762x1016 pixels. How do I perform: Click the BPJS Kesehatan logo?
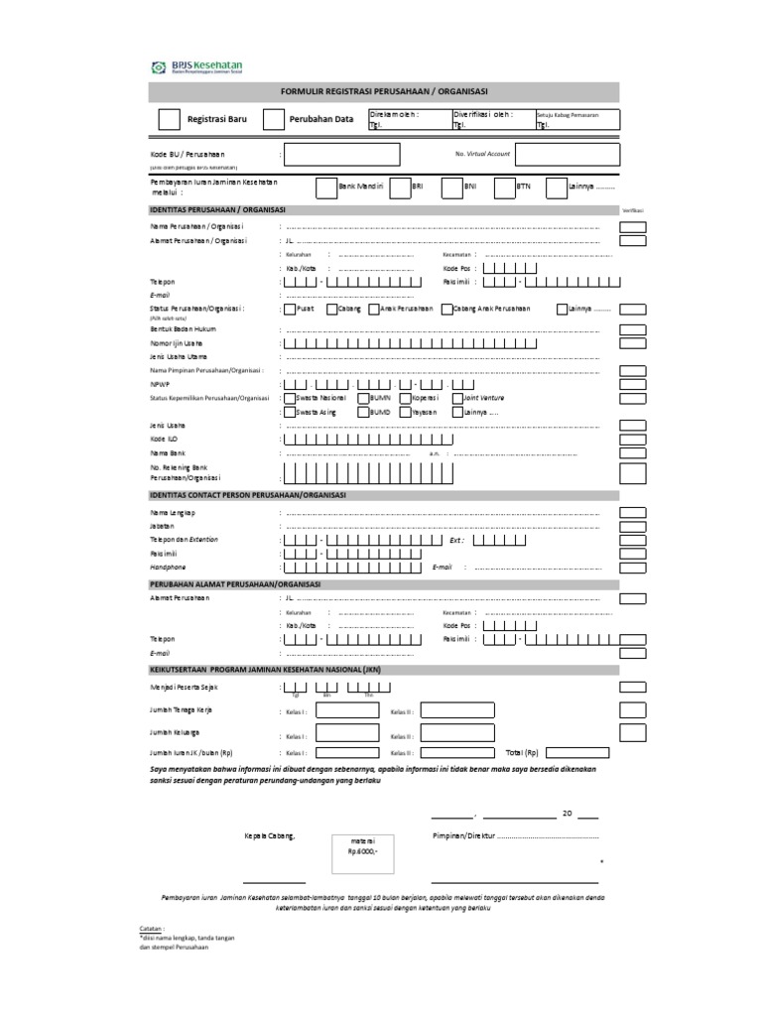(x=196, y=67)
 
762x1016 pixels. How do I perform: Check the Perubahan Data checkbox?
(x=274, y=120)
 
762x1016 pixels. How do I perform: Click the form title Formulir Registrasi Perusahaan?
(x=384, y=92)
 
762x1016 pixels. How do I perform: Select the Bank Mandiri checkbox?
(x=325, y=189)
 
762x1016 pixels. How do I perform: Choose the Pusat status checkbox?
(x=288, y=310)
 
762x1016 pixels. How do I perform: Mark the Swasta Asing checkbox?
(x=288, y=411)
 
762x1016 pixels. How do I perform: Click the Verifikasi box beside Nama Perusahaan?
(x=632, y=227)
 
